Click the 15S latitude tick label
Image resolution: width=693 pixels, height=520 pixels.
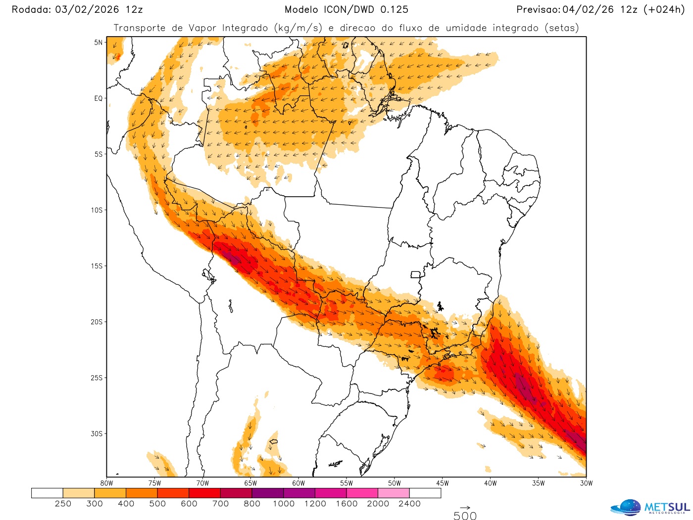click(x=97, y=266)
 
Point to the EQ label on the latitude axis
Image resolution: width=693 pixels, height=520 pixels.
click(x=99, y=98)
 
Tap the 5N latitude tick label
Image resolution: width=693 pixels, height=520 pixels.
click(x=99, y=43)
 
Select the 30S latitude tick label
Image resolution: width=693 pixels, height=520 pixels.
click(x=97, y=433)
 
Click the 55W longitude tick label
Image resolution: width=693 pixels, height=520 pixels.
click(x=346, y=483)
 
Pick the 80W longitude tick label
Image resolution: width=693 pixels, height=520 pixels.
click(x=106, y=483)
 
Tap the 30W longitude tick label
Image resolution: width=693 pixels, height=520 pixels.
click(x=586, y=483)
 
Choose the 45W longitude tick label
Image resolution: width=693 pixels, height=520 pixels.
click(x=443, y=483)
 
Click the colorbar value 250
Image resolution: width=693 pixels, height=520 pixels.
click(x=63, y=504)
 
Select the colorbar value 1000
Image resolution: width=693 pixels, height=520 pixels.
click(x=284, y=504)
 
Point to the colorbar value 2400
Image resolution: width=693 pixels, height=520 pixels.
click(x=409, y=504)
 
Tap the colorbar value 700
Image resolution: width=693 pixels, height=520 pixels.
click(x=220, y=504)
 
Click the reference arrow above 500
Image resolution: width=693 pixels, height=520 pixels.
click(x=465, y=508)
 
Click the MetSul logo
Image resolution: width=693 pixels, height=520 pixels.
click(x=650, y=507)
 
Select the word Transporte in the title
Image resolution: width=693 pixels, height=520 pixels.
click(x=140, y=28)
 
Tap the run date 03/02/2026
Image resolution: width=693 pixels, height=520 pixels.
click(x=87, y=9)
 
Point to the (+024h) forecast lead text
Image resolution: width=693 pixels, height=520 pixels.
click(x=664, y=9)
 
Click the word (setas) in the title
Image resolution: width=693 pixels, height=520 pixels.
click(x=561, y=28)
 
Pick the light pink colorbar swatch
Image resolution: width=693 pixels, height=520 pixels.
click(x=394, y=493)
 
